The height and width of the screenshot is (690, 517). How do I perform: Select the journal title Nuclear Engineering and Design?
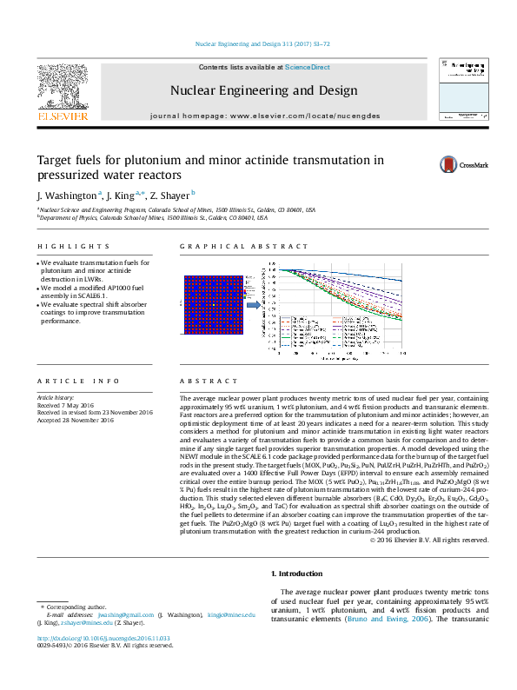tap(263, 90)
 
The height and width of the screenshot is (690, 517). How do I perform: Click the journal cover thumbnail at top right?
tap(461, 90)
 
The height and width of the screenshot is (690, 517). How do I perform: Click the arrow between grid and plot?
tap(251, 304)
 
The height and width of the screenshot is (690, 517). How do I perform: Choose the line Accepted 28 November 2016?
tap(76, 421)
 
